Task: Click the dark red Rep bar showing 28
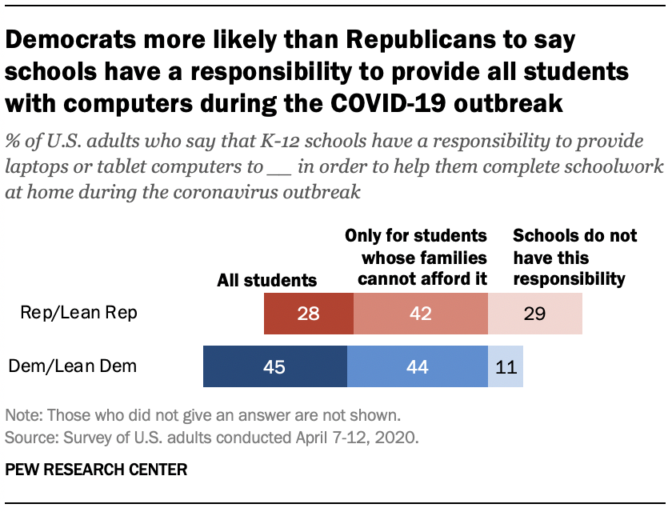[x=308, y=313]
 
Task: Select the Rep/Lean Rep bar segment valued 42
[x=420, y=313]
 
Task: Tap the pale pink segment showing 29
[x=535, y=313]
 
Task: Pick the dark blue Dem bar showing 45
[x=274, y=367]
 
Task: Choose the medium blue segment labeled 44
[x=418, y=367]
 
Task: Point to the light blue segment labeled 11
[x=506, y=367]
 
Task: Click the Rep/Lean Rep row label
[x=79, y=313]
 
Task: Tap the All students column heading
[x=267, y=280]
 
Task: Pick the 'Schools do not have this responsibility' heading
[x=574, y=258]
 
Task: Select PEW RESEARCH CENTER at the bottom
[x=96, y=470]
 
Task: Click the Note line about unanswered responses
[x=202, y=416]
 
